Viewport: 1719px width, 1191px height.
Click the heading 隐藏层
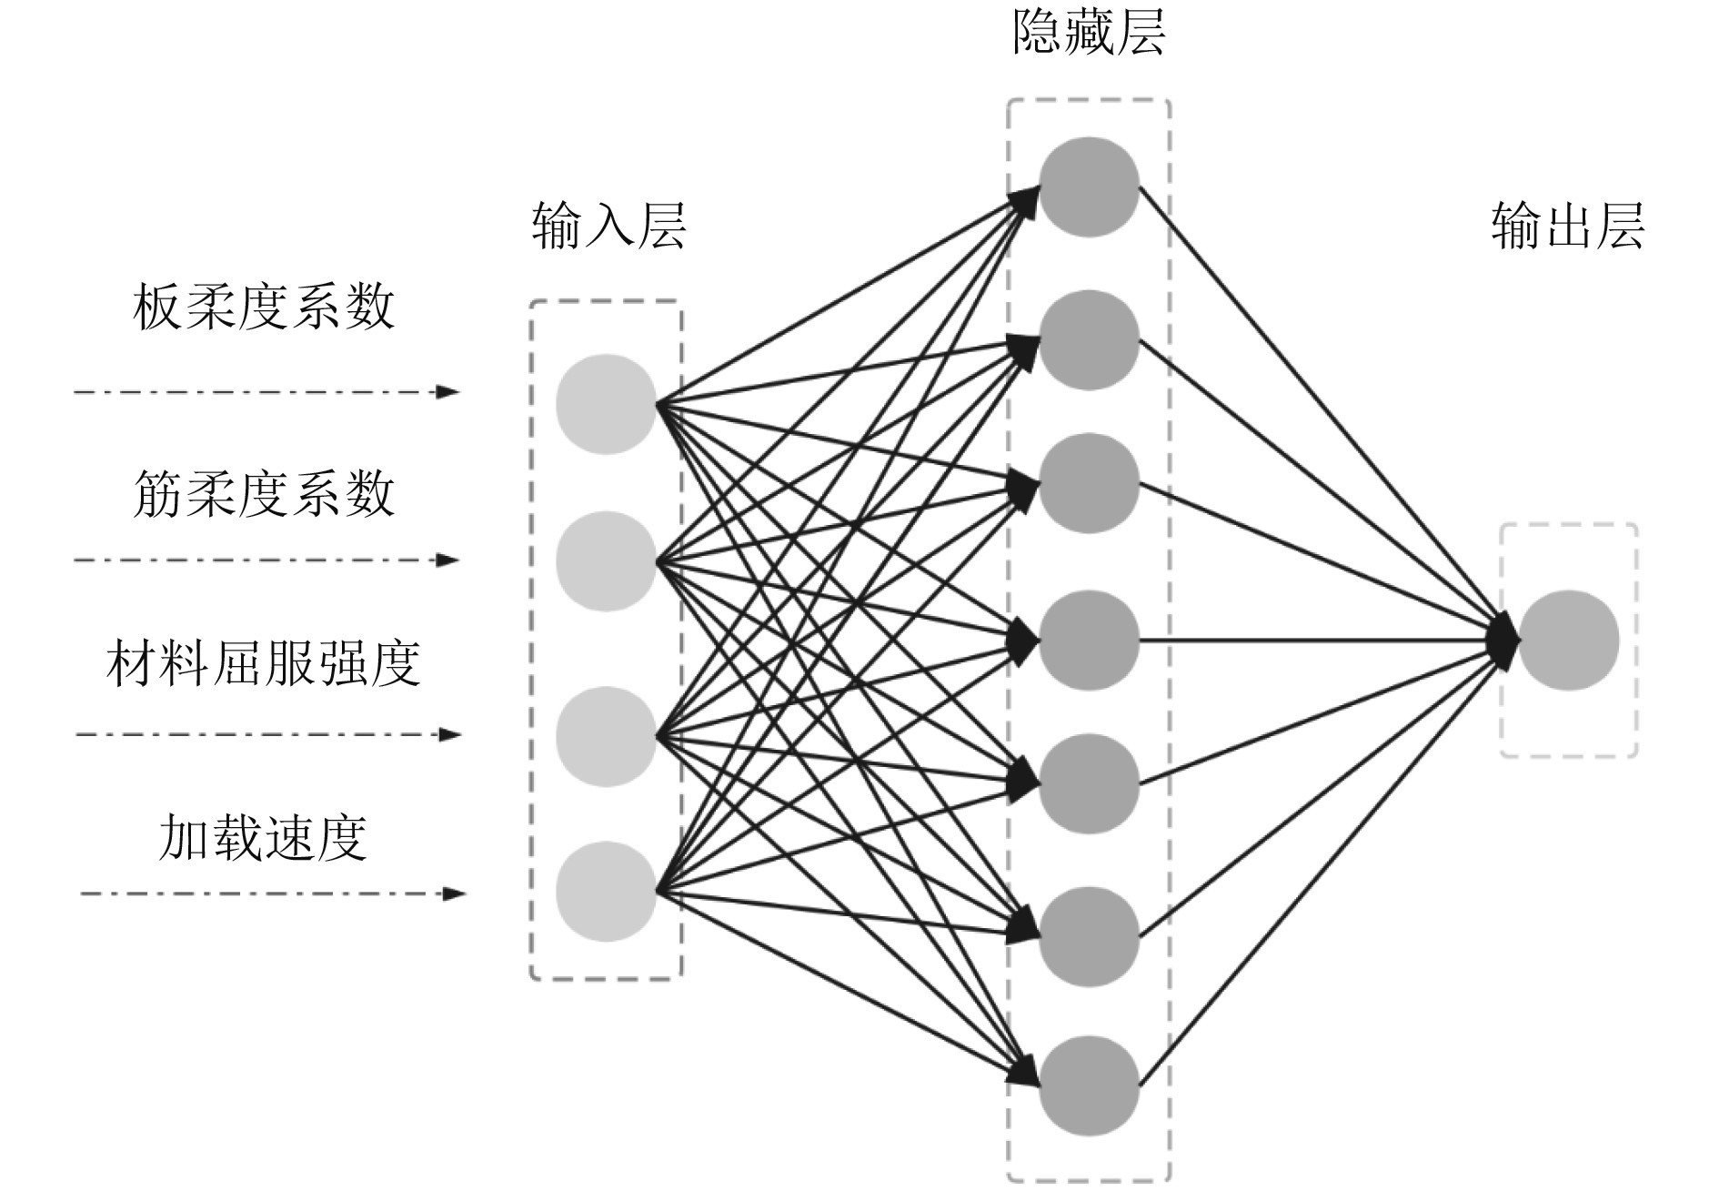[1089, 35]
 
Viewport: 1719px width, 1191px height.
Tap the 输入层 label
[608, 226]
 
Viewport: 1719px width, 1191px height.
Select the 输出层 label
[1567, 226]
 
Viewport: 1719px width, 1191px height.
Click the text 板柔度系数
[264, 308]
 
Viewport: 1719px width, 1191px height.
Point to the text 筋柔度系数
[264, 494]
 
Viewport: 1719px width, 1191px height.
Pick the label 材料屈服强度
[264, 663]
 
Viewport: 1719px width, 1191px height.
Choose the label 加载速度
[264, 838]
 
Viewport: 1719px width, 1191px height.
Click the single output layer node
[1568, 641]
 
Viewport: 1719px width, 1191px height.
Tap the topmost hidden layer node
[1089, 187]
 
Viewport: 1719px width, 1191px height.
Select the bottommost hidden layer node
[1089, 1085]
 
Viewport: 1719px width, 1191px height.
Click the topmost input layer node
[606, 404]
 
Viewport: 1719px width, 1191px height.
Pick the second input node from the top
[606, 560]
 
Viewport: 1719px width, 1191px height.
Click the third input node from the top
[606, 736]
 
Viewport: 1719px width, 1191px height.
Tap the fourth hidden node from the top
[1089, 641]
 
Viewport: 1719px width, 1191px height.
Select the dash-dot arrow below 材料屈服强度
[267, 734]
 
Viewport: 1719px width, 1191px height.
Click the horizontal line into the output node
[1319, 641]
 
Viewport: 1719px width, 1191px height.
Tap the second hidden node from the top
[1089, 340]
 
